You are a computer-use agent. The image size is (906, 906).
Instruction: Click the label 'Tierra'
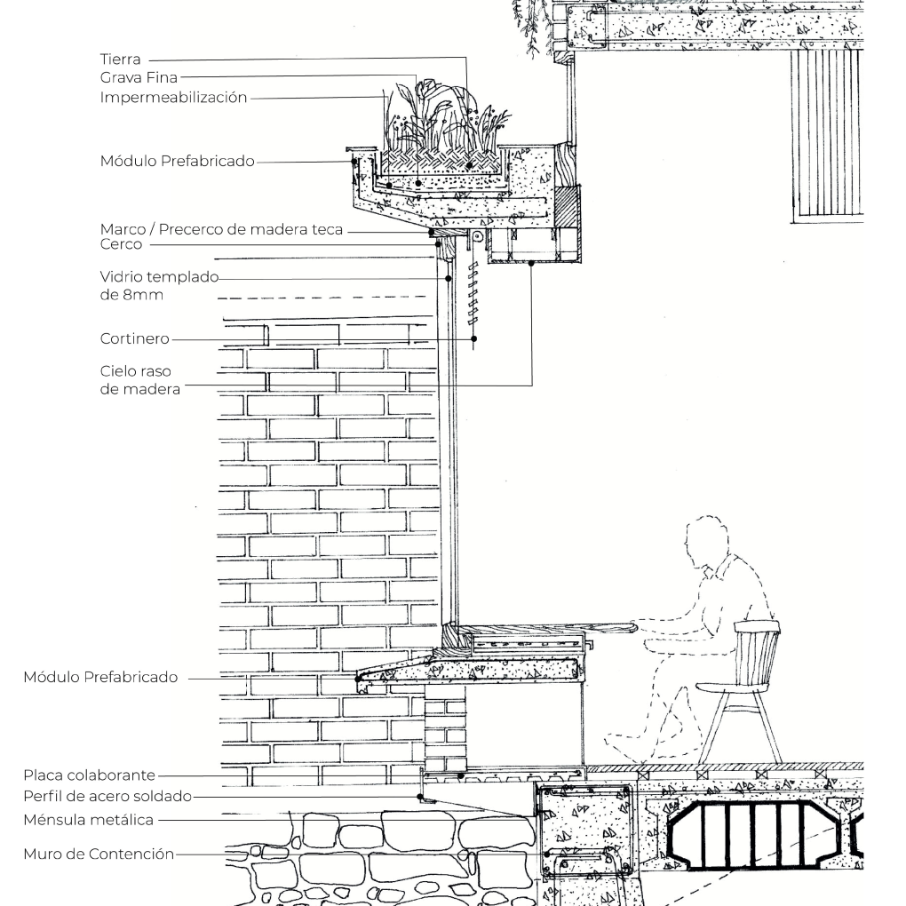pos(120,59)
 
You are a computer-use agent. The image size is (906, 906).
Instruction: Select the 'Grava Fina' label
pos(139,77)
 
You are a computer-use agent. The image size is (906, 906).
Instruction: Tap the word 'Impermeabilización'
pos(173,98)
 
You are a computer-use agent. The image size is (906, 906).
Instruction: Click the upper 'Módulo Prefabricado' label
pos(178,161)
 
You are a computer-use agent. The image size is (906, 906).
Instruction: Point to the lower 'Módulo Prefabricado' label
pos(100,677)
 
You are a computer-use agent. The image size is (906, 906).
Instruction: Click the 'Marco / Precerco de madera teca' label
pos(221,229)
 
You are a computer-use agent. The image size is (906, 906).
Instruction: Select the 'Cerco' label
pos(121,244)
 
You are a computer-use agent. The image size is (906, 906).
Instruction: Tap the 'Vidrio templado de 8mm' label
pos(159,285)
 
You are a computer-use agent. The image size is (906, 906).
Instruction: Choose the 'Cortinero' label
pos(135,338)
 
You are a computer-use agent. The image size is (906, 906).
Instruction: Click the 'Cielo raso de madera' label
pos(139,380)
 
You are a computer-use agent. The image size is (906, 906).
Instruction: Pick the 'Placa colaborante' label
pos(90,775)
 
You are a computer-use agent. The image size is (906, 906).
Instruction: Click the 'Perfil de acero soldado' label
pos(107,796)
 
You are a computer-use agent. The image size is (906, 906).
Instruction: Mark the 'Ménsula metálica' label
pos(89,820)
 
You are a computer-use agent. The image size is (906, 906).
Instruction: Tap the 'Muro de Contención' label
pos(99,854)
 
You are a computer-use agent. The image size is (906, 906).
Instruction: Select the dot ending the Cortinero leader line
pos(473,339)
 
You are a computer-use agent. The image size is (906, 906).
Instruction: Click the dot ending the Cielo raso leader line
pos(532,264)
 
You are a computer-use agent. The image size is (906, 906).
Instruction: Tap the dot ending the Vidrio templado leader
pos(448,279)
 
